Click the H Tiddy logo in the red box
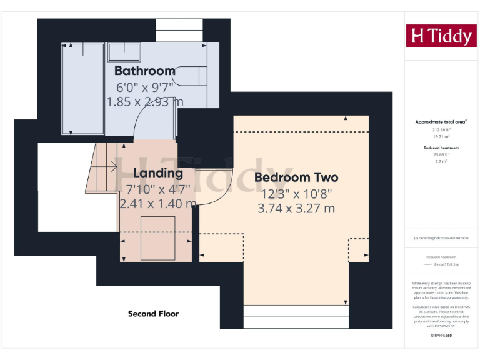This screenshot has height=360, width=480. click(x=441, y=36)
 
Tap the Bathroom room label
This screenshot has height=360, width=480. click(x=144, y=71)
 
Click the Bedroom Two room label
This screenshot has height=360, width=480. click(x=296, y=177)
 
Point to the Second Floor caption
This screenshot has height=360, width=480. click(x=153, y=314)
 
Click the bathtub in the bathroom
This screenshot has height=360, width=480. click(x=83, y=89)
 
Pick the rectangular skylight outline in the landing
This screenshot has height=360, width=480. click(x=157, y=237)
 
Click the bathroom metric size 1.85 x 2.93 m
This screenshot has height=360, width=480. click(x=145, y=101)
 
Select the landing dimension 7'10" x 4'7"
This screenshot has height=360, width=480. click(x=158, y=189)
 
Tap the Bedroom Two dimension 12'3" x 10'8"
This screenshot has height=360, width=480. click(x=296, y=194)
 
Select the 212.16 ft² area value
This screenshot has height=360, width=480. click(x=441, y=129)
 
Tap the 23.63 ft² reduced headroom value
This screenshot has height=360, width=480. click(x=441, y=154)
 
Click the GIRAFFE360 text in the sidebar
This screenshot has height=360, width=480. click(x=441, y=336)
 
